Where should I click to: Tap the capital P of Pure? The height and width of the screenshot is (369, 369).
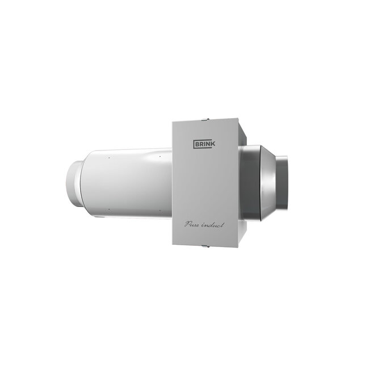[187, 224]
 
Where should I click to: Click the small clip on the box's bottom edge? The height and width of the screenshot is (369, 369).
[206, 247]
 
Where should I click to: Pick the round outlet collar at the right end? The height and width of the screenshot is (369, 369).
[284, 181]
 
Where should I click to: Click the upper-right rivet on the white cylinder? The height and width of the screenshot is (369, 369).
[160, 156]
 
